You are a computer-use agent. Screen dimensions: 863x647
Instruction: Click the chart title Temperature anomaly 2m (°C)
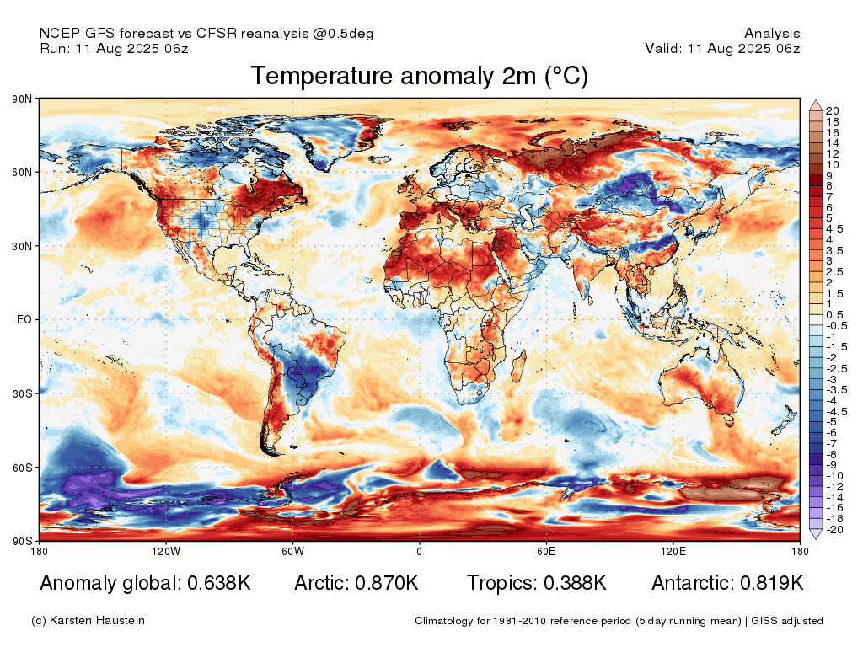[420, 76]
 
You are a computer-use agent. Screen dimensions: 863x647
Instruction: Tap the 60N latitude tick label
[22, 172]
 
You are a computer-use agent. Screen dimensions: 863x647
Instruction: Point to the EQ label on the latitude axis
[24, 319]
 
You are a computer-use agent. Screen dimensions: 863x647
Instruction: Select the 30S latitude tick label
[22, 394]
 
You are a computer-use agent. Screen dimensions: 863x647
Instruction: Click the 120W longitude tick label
[166, 551]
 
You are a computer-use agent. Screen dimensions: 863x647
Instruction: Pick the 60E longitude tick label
[546, 551]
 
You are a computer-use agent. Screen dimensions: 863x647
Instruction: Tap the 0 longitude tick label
[420, 551]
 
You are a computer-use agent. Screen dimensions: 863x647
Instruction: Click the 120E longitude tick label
[673, 551]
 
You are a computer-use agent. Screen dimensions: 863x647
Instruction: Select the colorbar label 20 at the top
[832, 111]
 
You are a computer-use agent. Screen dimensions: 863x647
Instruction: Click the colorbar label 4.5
[834, 229]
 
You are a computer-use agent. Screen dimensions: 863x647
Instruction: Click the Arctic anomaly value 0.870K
[387, 583]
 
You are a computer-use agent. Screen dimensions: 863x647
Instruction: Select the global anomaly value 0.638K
[219, 583]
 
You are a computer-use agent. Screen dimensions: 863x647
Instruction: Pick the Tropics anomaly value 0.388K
[575, 583]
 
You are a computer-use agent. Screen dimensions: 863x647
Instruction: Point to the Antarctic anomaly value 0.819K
[772, 583]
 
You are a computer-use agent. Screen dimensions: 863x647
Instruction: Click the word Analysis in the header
[772, 34]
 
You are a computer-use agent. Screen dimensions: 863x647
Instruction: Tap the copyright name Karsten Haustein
[97, 621]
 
